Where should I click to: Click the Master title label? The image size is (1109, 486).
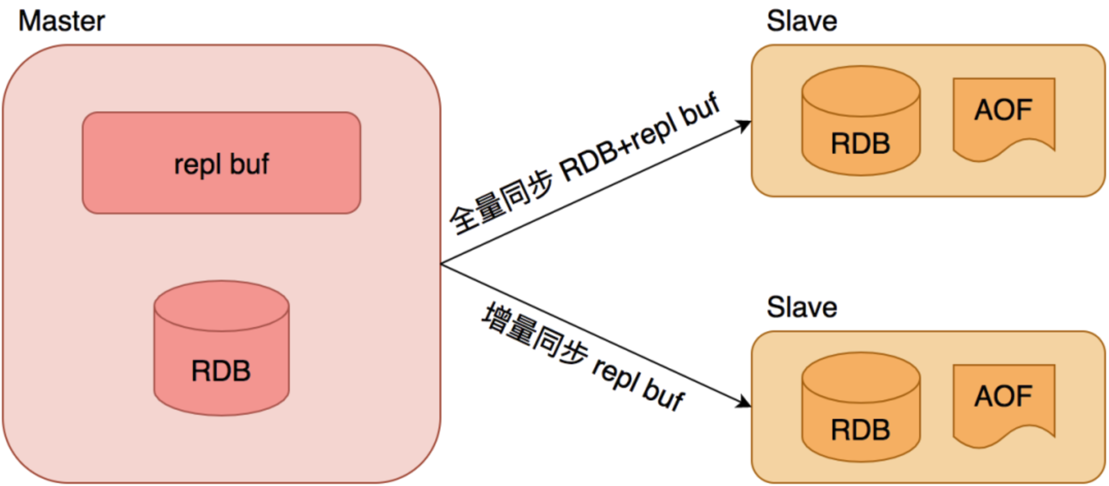coord(61,22)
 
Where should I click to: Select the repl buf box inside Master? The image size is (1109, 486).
coord(221,163)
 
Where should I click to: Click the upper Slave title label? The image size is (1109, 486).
coord(801,22)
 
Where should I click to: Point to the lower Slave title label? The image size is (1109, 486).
coord(801,307)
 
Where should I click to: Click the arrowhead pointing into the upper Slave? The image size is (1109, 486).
coord(745,125)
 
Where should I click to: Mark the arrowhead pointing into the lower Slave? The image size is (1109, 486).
coord(745,402)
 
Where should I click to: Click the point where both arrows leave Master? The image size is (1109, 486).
coord(442,264)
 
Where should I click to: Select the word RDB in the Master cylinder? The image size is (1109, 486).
coord(221,371)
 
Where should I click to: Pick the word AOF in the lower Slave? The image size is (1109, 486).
coord(1003,396)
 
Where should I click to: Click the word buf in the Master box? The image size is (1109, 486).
coord(249,164)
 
